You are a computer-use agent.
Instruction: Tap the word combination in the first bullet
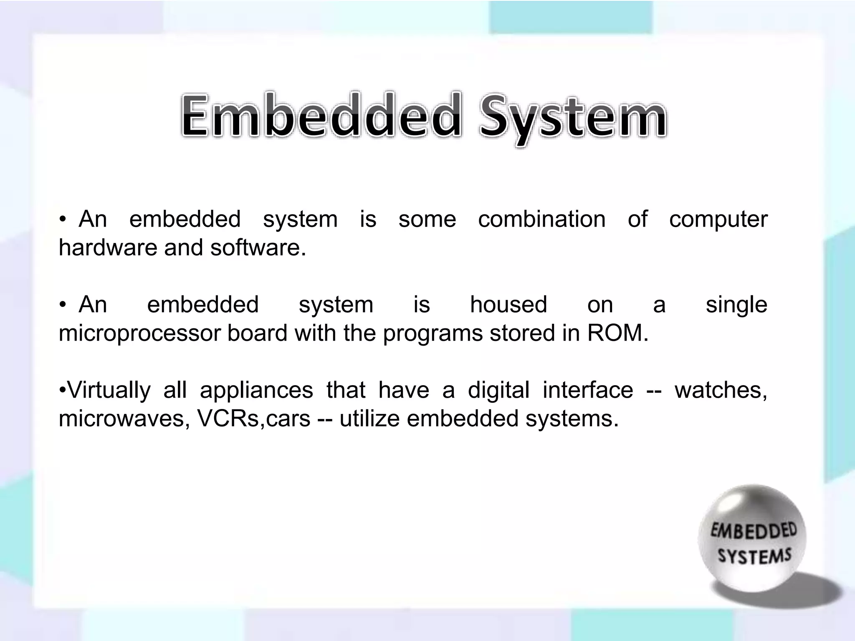coord(541,219)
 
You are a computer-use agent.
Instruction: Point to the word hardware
coord(108,247)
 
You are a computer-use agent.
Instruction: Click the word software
coord(258,247)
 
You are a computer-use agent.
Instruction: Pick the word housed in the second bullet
coord(508,304)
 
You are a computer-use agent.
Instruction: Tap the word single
coord(736,305)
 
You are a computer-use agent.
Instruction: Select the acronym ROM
coord(617,333)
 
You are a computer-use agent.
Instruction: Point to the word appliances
coord(256,391)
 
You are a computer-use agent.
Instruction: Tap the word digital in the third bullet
coord(498,391)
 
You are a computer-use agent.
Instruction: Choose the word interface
coord(588,390)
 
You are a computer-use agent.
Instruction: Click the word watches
coord(721,390)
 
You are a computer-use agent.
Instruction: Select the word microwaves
coord(121,419)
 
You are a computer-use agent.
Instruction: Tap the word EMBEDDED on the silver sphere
coord(754,531)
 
